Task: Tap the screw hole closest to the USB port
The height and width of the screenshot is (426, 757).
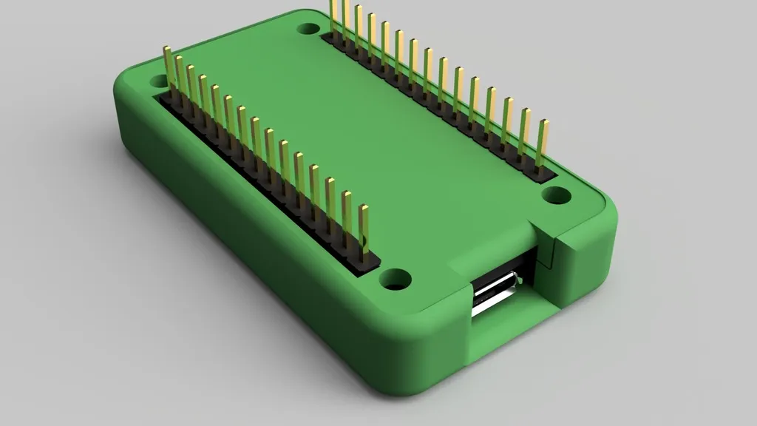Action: pos(396,280)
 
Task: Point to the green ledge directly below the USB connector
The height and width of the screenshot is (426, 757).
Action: pos(510,325)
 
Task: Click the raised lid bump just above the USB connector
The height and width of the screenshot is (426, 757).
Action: pos(488,255)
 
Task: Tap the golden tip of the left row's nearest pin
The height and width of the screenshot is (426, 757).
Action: pos(364,211)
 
